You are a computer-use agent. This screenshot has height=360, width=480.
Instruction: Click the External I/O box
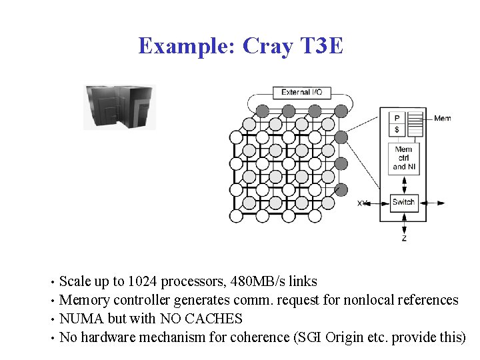(302, 93)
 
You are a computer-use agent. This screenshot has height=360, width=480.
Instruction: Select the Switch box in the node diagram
(403, 203)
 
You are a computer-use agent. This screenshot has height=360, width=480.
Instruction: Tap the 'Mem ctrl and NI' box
(403, 159)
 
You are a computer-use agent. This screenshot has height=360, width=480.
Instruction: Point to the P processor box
(397, 118)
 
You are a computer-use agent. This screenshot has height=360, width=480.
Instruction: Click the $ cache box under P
(397, 129)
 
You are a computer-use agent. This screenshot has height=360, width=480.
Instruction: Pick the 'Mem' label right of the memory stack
(442, 119)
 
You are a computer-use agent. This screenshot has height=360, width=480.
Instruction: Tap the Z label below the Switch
(404, 237)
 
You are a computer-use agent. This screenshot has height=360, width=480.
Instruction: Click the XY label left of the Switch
(363, 203)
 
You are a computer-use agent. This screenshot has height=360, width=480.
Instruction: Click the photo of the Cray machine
(119, 107)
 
